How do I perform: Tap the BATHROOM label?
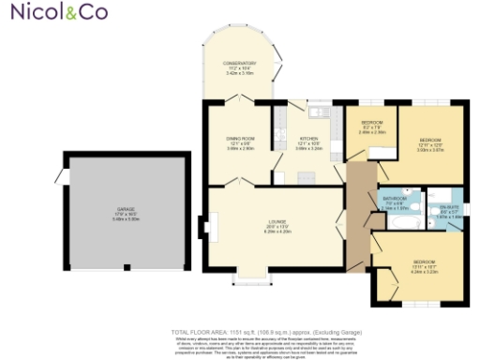click(395, 199)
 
